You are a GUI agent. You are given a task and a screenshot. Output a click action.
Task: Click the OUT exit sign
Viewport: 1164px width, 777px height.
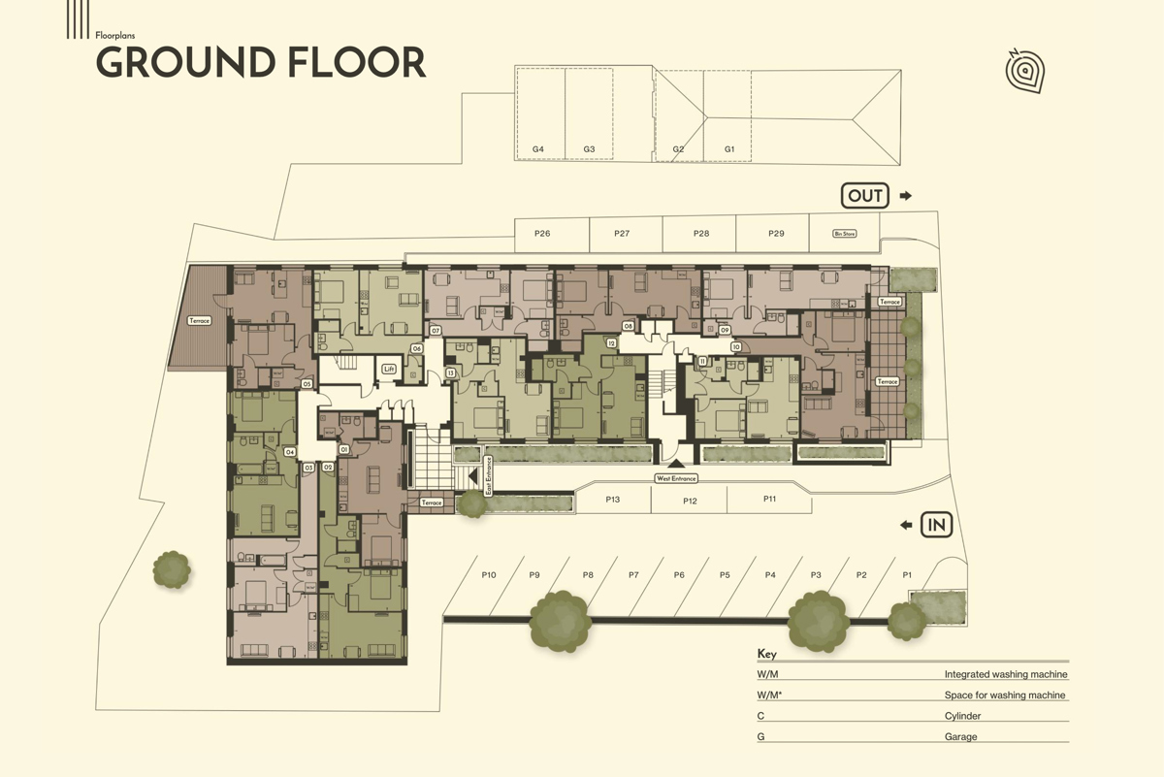click(865, 196)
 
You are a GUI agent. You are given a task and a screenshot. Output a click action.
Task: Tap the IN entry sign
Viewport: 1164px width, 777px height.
click(937, 525)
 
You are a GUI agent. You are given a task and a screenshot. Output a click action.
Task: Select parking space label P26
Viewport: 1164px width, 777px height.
click(542, 234)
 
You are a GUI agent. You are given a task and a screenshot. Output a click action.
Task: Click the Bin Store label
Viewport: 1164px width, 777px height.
click(844, 234)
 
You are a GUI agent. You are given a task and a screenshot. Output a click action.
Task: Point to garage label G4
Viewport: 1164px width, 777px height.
click(538, 149)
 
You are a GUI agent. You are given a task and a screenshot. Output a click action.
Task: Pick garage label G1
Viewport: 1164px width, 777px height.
click(730, 149)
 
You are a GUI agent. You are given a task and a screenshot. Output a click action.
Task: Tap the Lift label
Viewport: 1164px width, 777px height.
click(389, 369)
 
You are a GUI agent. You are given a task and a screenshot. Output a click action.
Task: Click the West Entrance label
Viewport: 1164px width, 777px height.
click(676, 478)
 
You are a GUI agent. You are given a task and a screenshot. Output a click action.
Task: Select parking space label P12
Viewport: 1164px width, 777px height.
click(690, 501)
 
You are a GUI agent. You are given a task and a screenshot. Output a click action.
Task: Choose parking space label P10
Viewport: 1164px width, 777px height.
click(489, 575)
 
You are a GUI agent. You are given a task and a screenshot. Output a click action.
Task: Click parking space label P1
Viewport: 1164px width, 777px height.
click(907, 575)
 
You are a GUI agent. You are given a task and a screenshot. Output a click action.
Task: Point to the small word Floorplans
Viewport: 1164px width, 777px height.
click(115, 35)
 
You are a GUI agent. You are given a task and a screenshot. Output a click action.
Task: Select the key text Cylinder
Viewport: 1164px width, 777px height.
click(962, 716)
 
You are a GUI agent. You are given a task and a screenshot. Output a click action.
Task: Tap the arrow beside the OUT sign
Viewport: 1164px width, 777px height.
click(906, 196)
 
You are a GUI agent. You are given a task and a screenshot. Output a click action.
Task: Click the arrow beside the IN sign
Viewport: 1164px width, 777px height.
click(906, 525)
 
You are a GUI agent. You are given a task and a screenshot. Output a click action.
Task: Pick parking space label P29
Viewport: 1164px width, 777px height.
click(776, 234)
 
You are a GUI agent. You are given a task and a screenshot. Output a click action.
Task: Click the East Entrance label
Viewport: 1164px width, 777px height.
click(489, 475)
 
